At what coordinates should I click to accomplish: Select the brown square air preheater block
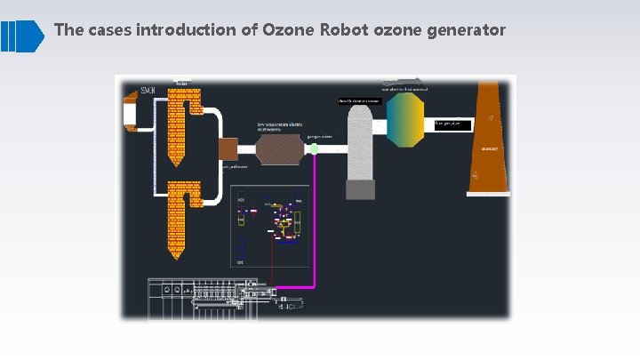pos(228,148)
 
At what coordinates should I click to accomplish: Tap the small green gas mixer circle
pos(314,148)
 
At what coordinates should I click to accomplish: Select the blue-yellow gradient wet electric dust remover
pos(405,119)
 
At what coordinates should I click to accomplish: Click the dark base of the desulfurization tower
pos(360,189)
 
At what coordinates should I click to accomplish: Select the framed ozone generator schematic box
pos(269,227)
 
